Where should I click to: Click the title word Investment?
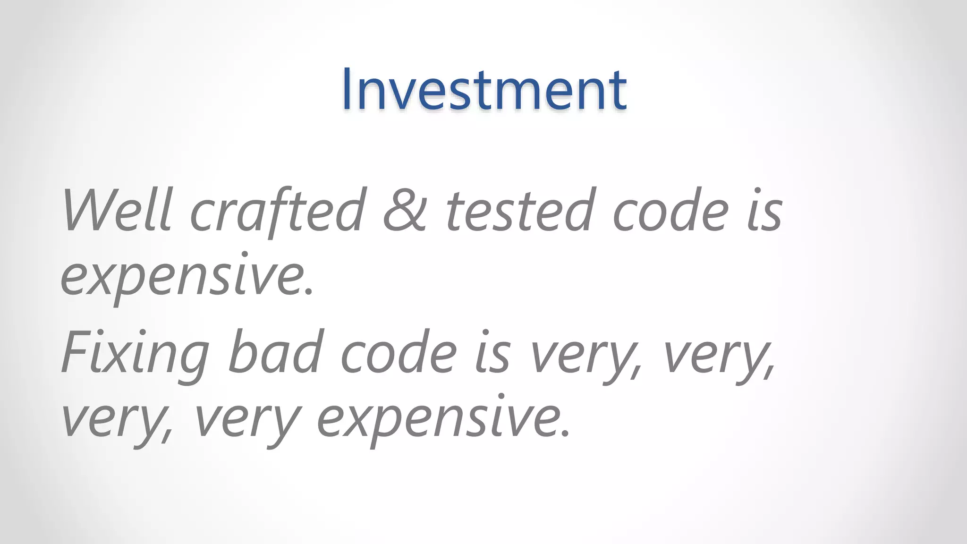(484, 89)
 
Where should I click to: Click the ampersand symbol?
(405, 210)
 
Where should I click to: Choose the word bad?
(275, 352)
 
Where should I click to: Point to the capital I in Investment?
(348, 89)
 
